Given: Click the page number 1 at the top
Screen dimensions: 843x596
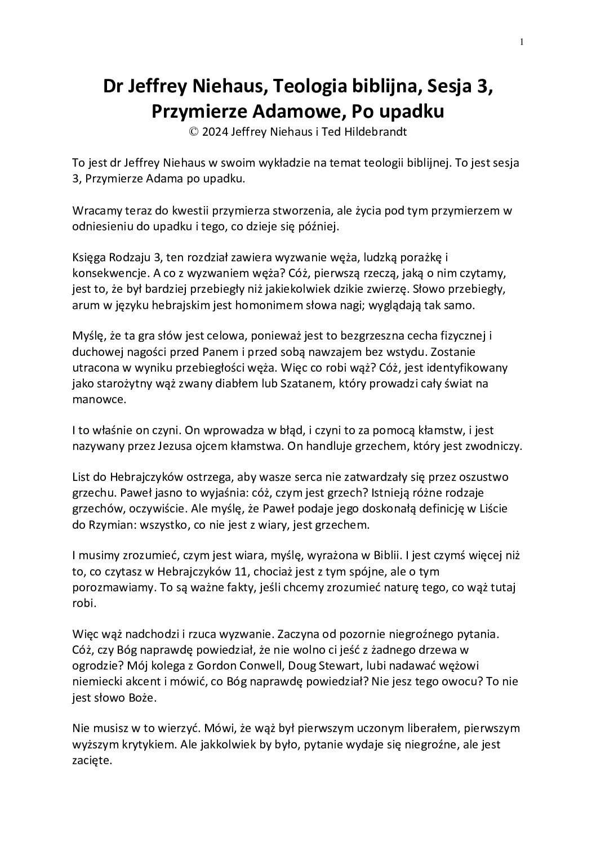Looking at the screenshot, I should [522, 42].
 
